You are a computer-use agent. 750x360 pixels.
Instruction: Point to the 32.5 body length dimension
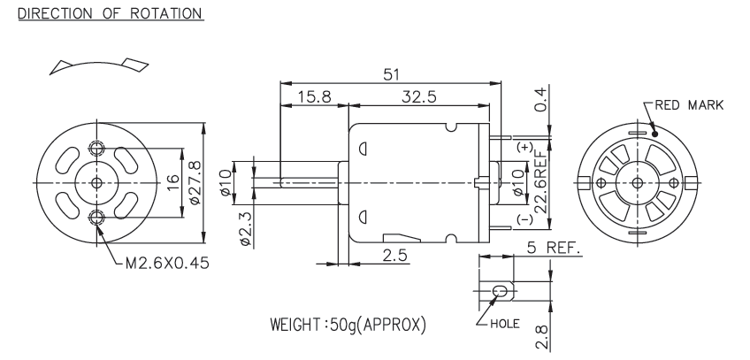tap(418, 97)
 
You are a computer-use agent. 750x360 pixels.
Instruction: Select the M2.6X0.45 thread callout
tap(163, 263)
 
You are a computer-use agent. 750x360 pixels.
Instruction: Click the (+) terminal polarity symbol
tap(527, 147)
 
